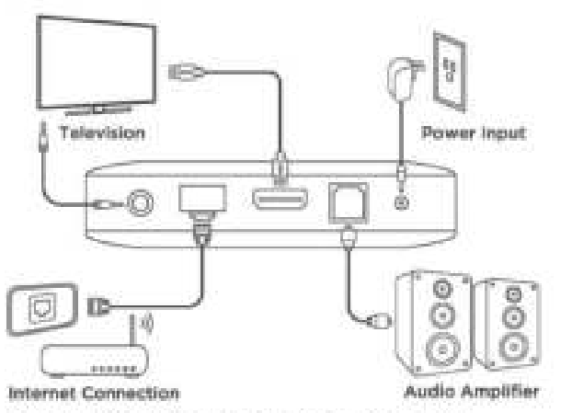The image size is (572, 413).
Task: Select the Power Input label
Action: pos(473,133)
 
